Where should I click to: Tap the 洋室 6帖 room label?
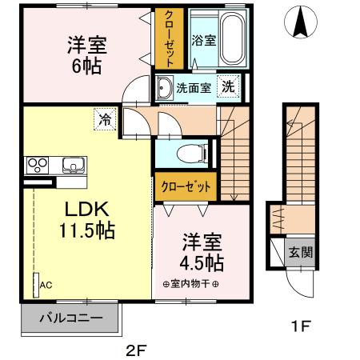click(85, 54)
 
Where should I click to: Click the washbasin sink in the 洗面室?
click(165, 87)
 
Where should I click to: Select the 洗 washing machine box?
click(229, 87)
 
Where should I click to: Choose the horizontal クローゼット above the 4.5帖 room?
click(186, 186)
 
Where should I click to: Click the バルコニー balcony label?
click(71, 318)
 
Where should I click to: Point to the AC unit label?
click(46, 283)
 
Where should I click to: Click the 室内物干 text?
click(193, 283)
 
